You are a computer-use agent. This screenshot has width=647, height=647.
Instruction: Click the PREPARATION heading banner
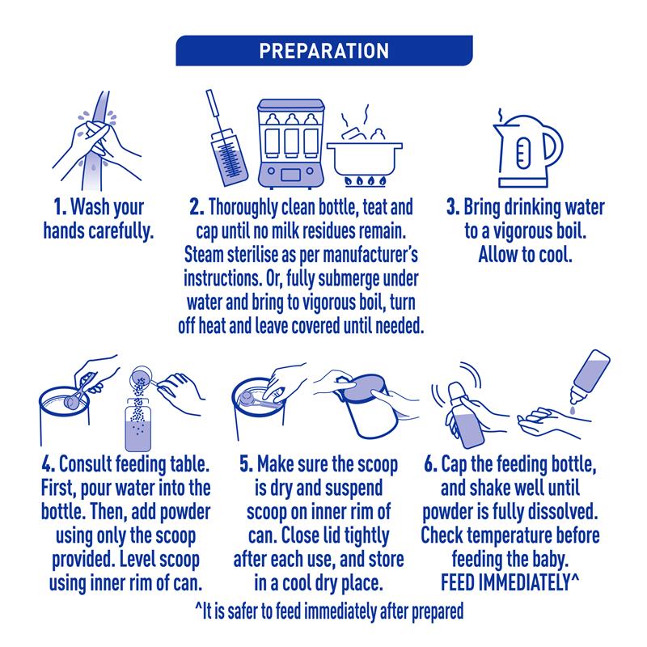coord(324,50)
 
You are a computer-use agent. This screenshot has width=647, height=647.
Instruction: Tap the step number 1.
coord(60,207)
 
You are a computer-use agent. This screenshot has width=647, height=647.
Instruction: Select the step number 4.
coord(48,464)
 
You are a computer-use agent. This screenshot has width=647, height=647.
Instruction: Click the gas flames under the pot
coord(366,181)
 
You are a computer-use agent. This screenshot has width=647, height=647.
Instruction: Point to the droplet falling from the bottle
coord(572,411)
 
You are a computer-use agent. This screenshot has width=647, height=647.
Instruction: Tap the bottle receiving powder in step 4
coord(137,425)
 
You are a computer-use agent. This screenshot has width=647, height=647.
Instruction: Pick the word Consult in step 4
coord(86,464)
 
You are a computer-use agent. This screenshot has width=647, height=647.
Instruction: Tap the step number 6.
coord(430,464)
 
